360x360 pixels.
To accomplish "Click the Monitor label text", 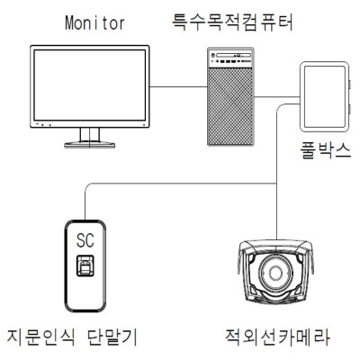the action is [x=94, y=22].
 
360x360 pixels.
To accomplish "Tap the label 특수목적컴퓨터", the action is [x=232, y=22].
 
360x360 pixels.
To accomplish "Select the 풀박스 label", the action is [x=325, y=150].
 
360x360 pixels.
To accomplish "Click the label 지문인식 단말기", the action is [x=72, y=337].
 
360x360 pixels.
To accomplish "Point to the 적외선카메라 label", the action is [x=277, y=337].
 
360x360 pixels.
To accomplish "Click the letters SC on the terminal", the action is [x=85, y=240].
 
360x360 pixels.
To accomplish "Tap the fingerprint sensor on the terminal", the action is [x=85, y=265].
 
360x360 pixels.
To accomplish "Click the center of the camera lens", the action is [x=275, y=273].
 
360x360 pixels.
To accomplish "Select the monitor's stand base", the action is [x=89, y=145].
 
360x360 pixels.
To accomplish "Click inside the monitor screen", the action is [x=90, y=85].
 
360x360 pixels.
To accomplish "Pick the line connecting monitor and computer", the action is [x=178, y=87].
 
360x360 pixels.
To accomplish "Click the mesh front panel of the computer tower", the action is [x=230, y=105].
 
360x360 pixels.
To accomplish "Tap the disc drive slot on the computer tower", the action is [x=233, y=56].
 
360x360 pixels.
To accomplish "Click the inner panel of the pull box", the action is [x=325, y=96].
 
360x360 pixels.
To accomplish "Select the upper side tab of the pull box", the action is [x=350, y=85].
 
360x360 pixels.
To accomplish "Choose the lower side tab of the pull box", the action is [x=350, y=109].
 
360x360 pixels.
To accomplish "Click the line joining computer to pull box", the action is [x=277, y=97].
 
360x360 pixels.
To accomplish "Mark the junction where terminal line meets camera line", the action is [x=276, y=184].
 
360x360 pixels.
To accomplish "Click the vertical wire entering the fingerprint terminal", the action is [x=85, y=204].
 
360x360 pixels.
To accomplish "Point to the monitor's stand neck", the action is [x=89, y=135].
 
